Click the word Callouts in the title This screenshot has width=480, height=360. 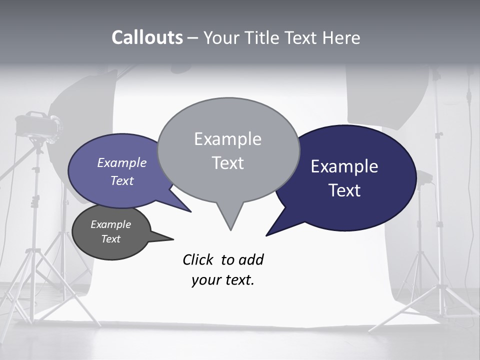coord(147,37)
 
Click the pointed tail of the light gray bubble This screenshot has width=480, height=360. coord(230,220)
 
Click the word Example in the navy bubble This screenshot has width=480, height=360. coord(344,166)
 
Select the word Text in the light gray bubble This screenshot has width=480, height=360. coord(228,163)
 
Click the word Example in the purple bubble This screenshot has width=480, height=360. coord(122,162)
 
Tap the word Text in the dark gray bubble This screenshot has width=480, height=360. coord(111,239)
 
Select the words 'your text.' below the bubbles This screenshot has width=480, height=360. coord(223,280)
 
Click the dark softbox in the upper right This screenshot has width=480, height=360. coord(387,95)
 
